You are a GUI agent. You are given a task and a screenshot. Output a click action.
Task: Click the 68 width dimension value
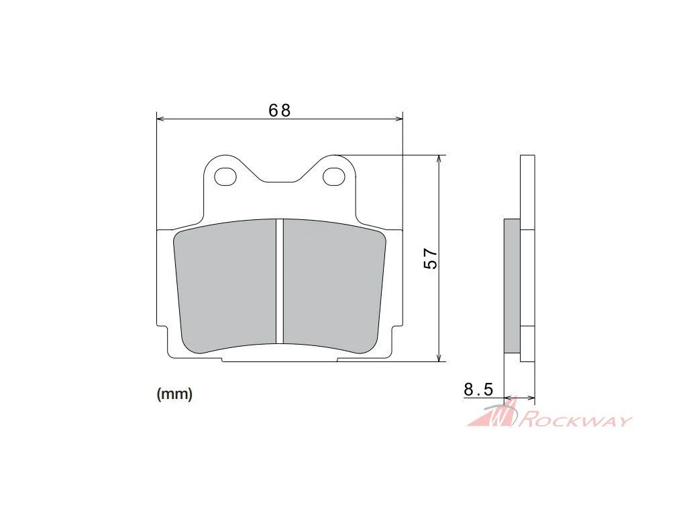click(280, 111)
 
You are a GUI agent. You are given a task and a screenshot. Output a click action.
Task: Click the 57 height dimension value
click(431, 258)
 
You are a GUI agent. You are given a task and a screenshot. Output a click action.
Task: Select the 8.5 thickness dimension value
click(478, 389)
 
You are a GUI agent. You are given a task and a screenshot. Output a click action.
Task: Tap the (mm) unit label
click(174, 394)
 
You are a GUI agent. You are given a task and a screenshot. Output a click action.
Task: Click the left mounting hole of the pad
click(225, 176)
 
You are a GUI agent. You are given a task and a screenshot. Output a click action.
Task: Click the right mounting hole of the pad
click(334, 176)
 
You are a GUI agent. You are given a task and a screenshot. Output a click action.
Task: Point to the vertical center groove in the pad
click(280, 281)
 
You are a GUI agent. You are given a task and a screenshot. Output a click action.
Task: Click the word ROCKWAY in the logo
click(576, 421)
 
